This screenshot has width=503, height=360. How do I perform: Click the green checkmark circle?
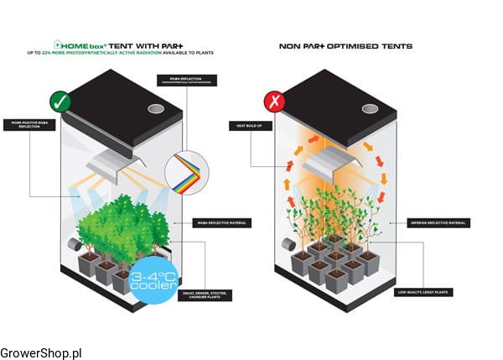(x=60, y=102)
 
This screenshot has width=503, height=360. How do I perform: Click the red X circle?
(x=274, y=102)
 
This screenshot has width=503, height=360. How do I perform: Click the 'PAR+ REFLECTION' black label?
(x=187, y=80)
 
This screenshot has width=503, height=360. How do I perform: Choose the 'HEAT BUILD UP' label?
(x=248, y=125)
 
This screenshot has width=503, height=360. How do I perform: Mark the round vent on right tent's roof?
(x=371, y=109)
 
